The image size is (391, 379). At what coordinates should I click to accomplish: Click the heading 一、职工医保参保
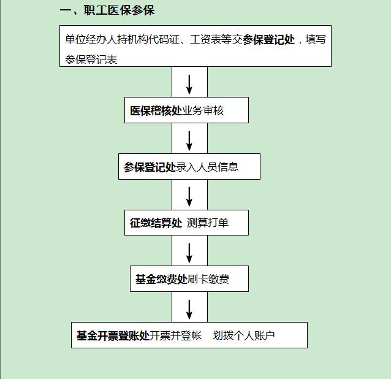tap(107, 10)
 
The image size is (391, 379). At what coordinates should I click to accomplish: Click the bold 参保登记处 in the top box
tap(269, 40)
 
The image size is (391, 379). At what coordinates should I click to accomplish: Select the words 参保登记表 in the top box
tap(91, 59)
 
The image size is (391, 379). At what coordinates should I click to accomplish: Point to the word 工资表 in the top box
tap(206, 39)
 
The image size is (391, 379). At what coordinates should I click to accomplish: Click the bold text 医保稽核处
tap(156, 110)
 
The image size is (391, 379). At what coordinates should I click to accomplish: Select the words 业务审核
tap(203, 110)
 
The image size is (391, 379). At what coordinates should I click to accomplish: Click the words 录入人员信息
tap(207, 167)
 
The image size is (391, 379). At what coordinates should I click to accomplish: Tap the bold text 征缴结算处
tap(156, 223)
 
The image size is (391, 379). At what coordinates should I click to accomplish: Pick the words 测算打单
tap(208, 223)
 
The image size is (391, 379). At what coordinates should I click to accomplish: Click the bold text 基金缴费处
tap(161, 279)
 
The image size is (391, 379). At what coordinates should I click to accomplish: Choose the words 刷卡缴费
tap(208, 279)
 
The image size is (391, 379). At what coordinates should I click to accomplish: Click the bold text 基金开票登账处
tap(113, 335)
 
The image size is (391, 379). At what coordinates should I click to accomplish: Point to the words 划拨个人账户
tap(244, 335)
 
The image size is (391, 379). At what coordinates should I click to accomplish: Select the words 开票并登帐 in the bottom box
tap(175, 335)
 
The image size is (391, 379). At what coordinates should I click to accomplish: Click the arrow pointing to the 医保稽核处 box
tap(189, 85)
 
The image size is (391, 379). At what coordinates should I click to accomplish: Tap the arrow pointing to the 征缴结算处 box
tap(189, 197)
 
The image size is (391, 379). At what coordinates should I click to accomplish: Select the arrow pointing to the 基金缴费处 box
tap(189, 253)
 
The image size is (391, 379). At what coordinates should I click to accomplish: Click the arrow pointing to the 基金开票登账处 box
tap(189, 310)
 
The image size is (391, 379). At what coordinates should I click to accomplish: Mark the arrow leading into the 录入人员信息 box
tap(189, 141)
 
